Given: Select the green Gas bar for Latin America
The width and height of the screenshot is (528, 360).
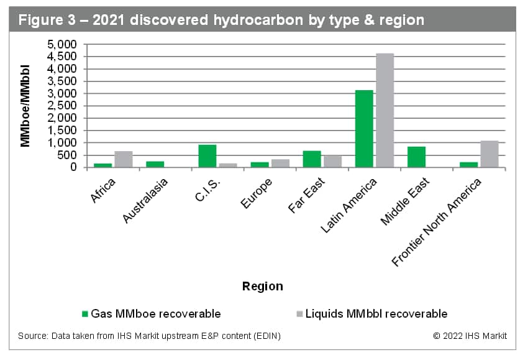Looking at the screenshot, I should pos(364,129).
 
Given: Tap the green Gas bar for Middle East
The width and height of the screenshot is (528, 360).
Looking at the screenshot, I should pos(416,157).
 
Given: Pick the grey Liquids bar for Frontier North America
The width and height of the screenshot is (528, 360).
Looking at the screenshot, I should pos(489,154).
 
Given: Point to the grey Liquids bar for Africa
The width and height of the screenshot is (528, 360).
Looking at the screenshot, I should pos(124,159).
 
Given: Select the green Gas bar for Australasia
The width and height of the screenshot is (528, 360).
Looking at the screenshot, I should pos(155,164).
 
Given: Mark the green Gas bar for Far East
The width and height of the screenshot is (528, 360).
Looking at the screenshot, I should pos(312,159).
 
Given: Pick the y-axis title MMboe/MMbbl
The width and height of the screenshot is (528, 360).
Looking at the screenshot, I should pos(25,106).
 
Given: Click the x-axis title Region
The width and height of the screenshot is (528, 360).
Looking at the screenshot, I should pos(262,287).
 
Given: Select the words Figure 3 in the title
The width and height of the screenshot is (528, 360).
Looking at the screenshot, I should pos(47,20).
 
